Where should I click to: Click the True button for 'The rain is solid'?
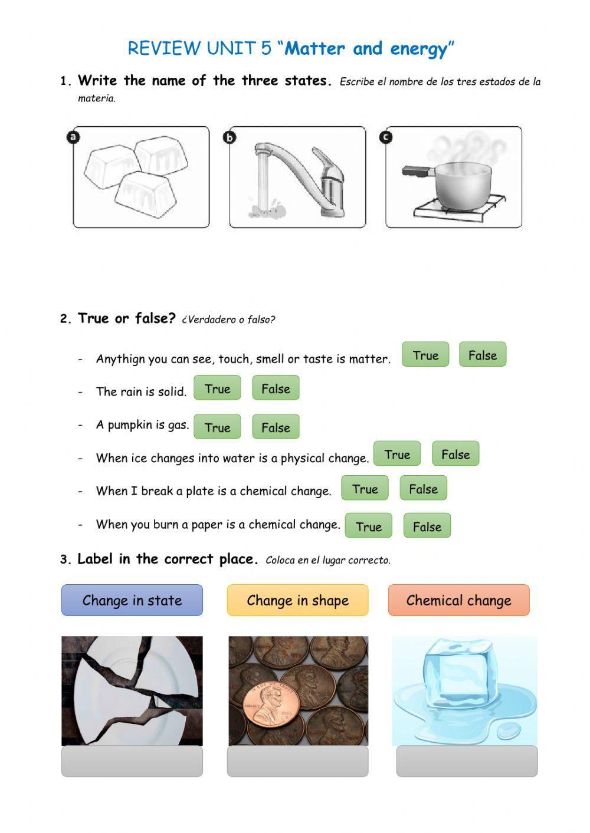[217, 388]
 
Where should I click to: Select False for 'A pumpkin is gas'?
[276, 427]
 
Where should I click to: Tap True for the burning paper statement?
[368, 526]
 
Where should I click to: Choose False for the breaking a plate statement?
[423, 489]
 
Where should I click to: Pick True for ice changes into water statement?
[397, 455]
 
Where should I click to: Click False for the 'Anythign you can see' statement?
[482, 355]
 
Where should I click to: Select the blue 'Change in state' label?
[132, 600]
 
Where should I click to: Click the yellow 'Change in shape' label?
[297, 600]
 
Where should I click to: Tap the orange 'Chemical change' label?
[458, 600]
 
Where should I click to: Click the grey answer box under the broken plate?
[132, 761]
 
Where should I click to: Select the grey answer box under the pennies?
[297, 761]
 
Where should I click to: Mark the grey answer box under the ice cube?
[467, 761]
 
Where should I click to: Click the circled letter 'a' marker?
[73, 137]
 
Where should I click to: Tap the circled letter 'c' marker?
[386, 137]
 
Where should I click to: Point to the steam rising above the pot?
[469, 147]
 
